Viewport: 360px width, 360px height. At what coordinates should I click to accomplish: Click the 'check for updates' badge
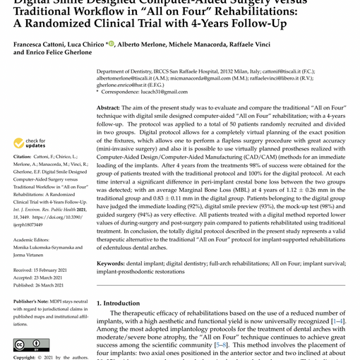pos(29,143)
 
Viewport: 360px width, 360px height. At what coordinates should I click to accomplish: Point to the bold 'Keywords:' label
pos(111,263)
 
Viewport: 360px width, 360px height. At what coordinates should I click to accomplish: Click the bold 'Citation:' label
pos(23,157)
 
